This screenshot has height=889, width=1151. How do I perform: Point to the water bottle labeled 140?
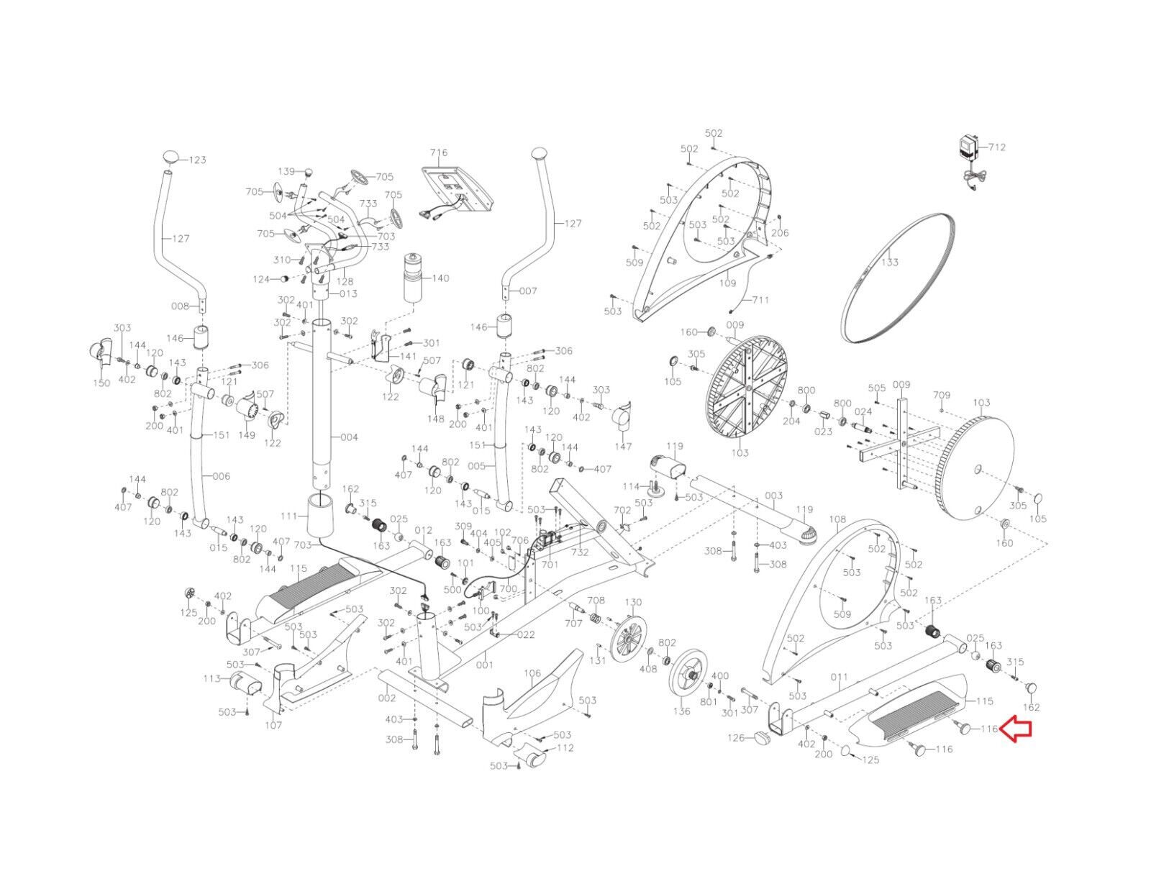pyautogui.click(x=414, y=278)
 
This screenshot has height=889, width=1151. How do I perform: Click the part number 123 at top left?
pyautogui.click(x=197, y=160)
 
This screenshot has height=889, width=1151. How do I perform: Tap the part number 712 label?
pyautogui.click(x=997, y=147)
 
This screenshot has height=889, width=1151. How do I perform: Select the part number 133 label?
pyautogui.click(x=890, y=262)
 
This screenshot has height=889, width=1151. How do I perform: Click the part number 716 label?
pyautogui.click(x=439, y=152)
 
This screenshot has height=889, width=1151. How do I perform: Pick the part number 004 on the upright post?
pyautogui.click(x=349, y=437)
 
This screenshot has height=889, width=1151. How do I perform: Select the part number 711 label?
pyautogui.click(x=761, y=299)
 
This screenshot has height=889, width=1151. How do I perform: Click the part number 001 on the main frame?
pyautogui.click(x=485, y=665)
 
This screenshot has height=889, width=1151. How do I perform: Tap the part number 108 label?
pyautogui.click(x=837, y=519)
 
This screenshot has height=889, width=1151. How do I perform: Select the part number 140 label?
pyautogui.click(x=440, y=278)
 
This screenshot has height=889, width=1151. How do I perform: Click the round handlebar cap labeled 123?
pyautogui.click(x=173, y=156)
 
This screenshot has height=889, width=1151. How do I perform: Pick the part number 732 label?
pyautogui.click(x=580, y=552)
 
